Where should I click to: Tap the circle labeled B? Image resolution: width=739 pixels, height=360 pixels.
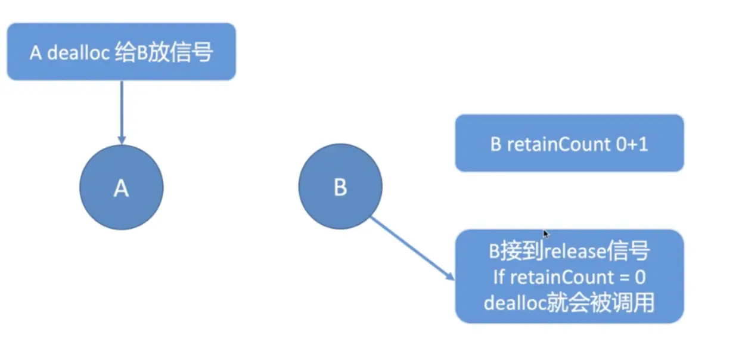[x=340, y=187]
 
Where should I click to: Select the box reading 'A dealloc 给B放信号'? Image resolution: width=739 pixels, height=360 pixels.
[x=121, y=51]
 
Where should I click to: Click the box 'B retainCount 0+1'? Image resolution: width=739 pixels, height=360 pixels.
[x=569, y=143]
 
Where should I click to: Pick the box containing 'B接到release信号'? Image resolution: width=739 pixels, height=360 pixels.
[x=569, y=276]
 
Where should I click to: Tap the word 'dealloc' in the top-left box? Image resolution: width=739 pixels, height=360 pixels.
[x=75, y=52]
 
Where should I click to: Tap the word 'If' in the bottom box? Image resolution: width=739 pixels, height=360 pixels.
[x=499, y=277]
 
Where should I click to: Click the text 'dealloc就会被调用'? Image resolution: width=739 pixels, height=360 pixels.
[x=569, y=303]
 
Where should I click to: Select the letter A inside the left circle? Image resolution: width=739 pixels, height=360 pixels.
[x=121, y=188]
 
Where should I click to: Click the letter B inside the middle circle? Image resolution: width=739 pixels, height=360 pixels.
[x=340, y=188]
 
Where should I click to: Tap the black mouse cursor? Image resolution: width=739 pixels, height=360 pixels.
[x=546, y=234]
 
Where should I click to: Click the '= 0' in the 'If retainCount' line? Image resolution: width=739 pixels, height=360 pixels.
[x=633, y=277]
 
